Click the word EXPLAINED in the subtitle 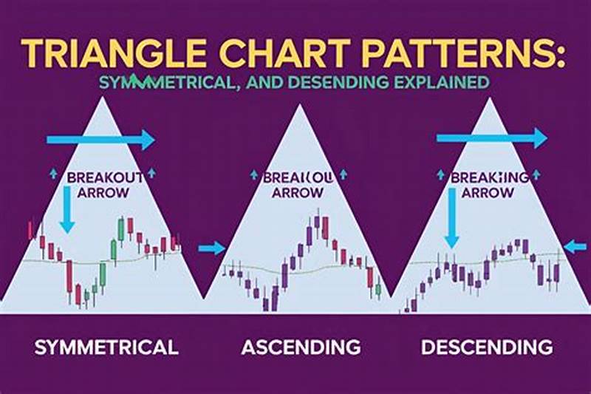click(443, 82)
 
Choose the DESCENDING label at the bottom click(486, 346)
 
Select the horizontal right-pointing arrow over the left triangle click(100, 139)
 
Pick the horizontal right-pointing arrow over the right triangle click(491, 137)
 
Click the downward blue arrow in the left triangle click(67, 210)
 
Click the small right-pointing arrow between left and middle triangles click(212, 248)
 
